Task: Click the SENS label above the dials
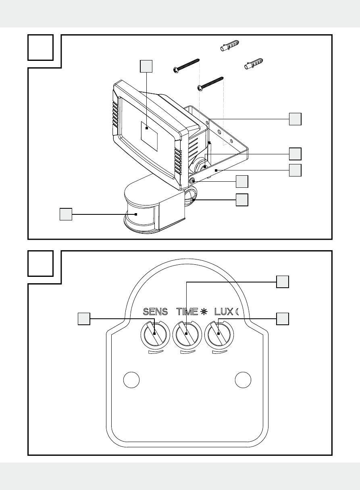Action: pos(155,311)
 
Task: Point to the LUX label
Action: pos(223,311)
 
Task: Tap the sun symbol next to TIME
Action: pos(204,311)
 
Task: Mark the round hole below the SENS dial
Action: pos(131,380)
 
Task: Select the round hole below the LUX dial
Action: pos(243,380)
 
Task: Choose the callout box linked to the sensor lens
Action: pos(66,214)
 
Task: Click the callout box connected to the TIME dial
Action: pos(283,282)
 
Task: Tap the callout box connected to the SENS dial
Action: pos(83,319)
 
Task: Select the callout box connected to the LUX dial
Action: pos(283,319)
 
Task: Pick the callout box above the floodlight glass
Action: pos(146,66)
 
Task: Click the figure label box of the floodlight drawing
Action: pos(41,47)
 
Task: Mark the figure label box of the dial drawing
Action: pos(41,263)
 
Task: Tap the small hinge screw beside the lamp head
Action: pos(193,181)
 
